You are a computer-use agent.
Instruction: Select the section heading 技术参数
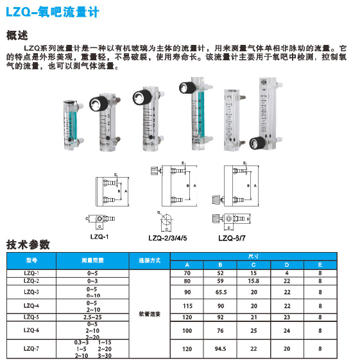(27, 244)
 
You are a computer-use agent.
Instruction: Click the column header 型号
(32, 261)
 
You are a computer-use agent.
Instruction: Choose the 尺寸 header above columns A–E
(253, 257)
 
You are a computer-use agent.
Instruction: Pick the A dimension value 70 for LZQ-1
(187, 273)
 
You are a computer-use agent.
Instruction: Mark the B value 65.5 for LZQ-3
(220, 292)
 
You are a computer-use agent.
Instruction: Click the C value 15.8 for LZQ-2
(253, 281)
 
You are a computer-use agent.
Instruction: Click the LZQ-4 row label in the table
(32, 306)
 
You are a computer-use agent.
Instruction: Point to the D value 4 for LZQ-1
(286, 273)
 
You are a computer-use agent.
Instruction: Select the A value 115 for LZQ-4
(187, 306)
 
